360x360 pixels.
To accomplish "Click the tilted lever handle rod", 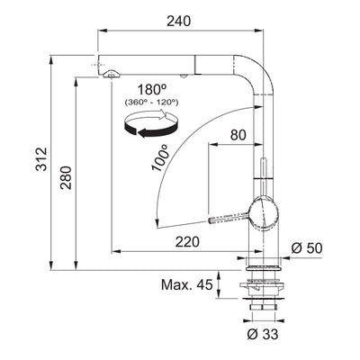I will click(230, 217).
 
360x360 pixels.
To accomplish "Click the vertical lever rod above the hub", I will click(262, 178).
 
